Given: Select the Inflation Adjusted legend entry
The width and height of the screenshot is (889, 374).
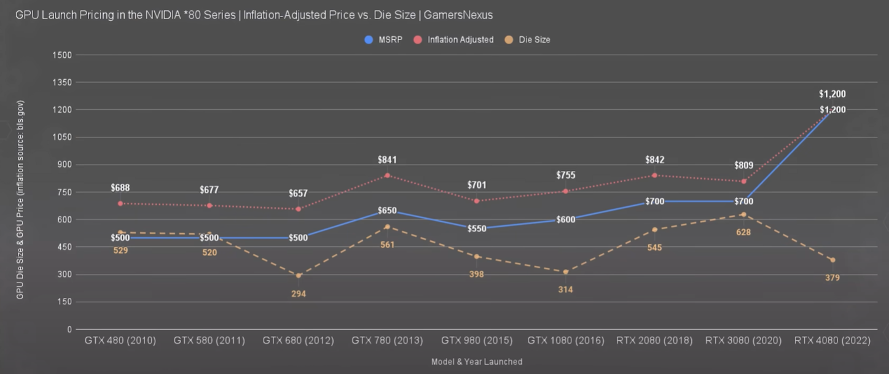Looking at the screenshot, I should [454, 40].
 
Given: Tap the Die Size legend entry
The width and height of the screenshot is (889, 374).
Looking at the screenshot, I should [528, 40].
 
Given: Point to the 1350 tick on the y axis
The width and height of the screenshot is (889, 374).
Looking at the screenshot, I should [65, 82].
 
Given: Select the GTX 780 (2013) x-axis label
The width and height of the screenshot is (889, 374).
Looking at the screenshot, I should [387, 340].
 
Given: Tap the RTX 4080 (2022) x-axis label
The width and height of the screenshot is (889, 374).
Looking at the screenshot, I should [832, 340].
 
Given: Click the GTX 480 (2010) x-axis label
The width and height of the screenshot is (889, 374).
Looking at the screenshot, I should [120, 340].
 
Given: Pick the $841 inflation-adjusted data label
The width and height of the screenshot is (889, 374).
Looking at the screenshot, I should [387, 160].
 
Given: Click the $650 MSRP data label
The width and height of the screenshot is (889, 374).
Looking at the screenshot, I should [387, 211].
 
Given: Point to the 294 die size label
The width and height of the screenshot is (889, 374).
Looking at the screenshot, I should [299, 294].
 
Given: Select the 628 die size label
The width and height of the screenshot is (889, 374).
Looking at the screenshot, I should [743, 232].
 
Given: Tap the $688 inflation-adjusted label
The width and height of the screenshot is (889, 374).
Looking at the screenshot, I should [120, 187].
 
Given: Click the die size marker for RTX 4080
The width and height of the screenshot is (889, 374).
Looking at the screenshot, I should [832, 260].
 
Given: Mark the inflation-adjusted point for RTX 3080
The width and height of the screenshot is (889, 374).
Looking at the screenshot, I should [743, 181].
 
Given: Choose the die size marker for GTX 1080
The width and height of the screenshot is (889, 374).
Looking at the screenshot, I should [565, 271].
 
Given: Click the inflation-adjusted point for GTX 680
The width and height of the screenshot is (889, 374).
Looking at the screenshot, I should [299, 209].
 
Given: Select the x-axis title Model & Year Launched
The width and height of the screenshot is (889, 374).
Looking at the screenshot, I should [477, 362].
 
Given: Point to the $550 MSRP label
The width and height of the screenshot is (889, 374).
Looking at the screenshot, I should [477, 228].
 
